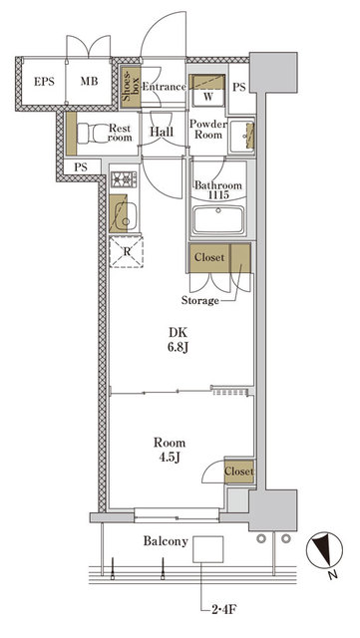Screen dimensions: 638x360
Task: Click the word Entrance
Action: click(164, 87)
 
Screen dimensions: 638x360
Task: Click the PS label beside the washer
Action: click(238, 87)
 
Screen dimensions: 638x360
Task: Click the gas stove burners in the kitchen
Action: click(125, 179)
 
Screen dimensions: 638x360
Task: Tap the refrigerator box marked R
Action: click(126, 250)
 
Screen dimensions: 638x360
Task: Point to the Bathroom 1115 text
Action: click(212, 191)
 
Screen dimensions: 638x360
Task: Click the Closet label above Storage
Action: click(209, 257)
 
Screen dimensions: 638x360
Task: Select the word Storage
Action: click(201, 299)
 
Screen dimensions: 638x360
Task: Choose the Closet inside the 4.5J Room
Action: click(238, 472)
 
